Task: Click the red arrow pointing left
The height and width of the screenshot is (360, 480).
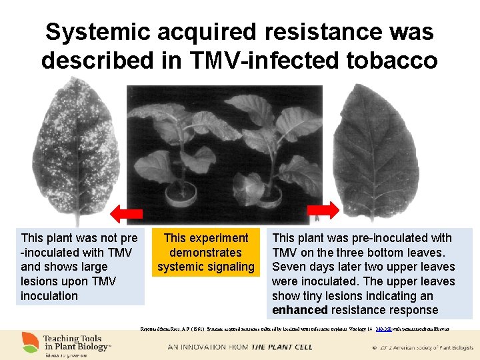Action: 127,213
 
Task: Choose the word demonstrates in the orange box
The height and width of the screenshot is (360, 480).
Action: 205,253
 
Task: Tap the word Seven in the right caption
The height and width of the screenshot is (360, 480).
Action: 289,267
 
